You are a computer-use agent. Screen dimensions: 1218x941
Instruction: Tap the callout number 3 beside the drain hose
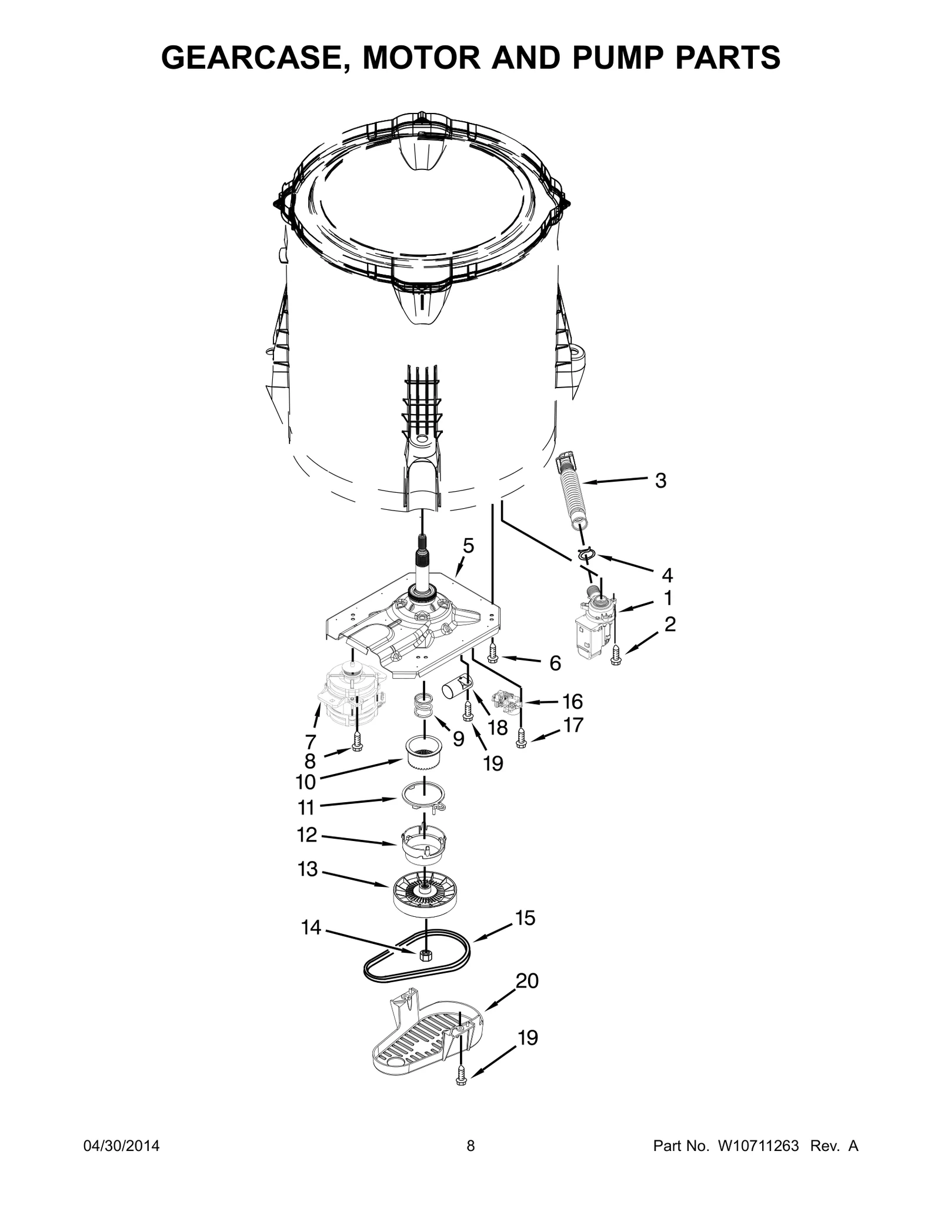(660, 480)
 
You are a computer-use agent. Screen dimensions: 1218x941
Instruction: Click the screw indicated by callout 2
(616, 655)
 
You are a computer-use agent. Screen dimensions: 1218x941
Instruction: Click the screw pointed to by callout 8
(357, 742)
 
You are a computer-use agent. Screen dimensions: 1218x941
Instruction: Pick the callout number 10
(305, 782)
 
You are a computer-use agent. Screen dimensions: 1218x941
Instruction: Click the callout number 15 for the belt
(525, 917)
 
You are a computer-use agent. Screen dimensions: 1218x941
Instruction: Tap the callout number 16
(572, 701)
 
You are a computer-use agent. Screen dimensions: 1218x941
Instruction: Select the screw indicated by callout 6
(493, 653)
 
